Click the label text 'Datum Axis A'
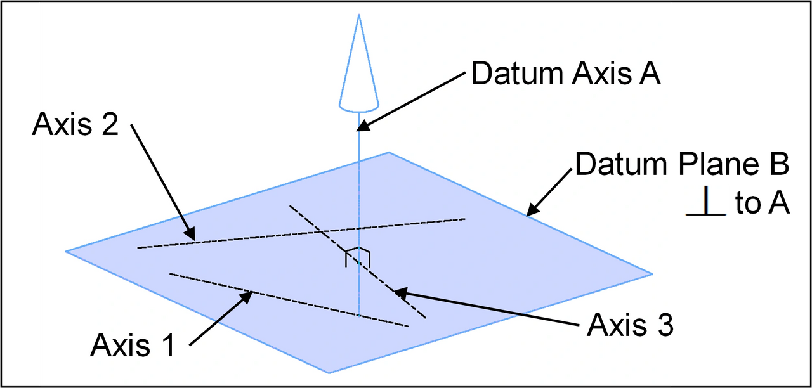coord(565,74)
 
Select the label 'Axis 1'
coord(133,346)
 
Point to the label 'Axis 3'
coord(630,325)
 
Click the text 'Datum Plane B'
coord(682,164)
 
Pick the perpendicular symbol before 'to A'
coord(706,201)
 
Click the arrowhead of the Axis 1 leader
coord(246,297)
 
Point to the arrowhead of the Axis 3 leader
coord(401,292)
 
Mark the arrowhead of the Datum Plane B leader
coord(532,210)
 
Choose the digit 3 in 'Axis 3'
coord(664,325)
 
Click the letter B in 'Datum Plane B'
coord(779,164)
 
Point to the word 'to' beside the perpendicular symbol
coord(747,204)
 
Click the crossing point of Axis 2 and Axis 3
coord(320,231)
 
